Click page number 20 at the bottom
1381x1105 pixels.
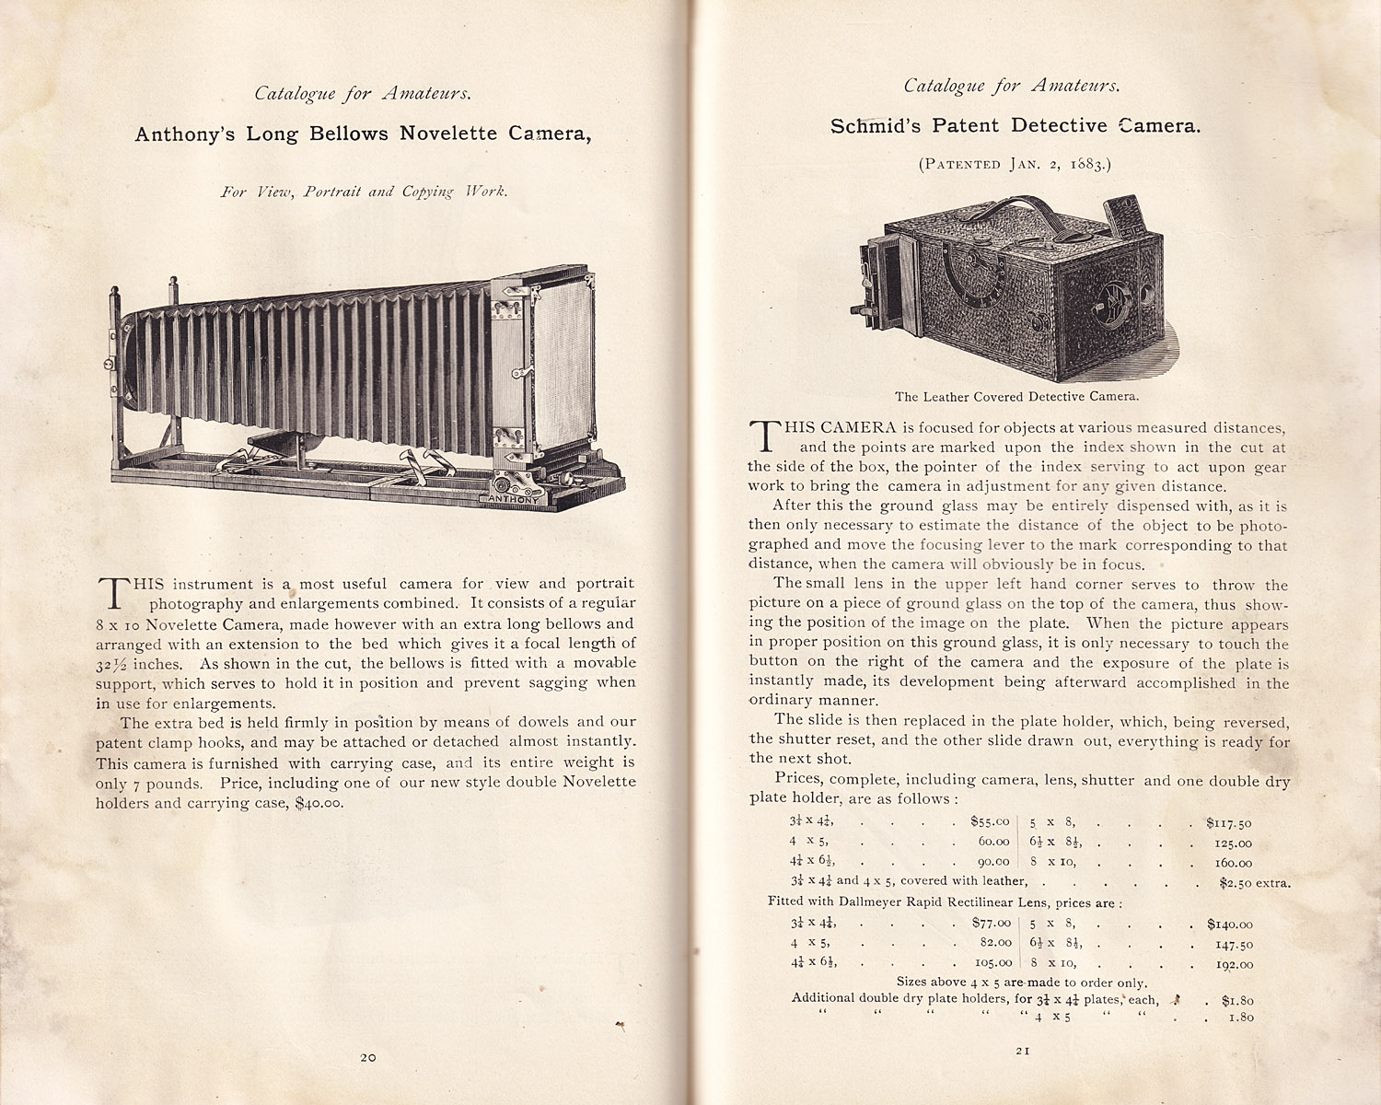pyautogui.click(x=368, y=1058)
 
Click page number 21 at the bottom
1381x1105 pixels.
pyautogui.click(x=1022, y=1051)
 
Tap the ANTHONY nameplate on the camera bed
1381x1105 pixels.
pyautogui.click(x=513, y=499)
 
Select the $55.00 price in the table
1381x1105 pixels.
pyautogui.click(x=990, y=821)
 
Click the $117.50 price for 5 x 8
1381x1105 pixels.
pyautogui.click(x=1229, y=823)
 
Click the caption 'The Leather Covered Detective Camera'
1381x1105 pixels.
pyautogui.click(x=1016, y=397)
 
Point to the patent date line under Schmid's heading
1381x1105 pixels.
pyautogui.click(x=1015, y=165)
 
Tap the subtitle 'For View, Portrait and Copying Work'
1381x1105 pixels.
pyautogui.click(x=364, y=192)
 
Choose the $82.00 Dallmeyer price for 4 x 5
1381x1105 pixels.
pyautogui.click(x=992, y=943)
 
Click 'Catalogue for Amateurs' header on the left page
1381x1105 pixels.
pyautogui.click(x=363, y=94)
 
